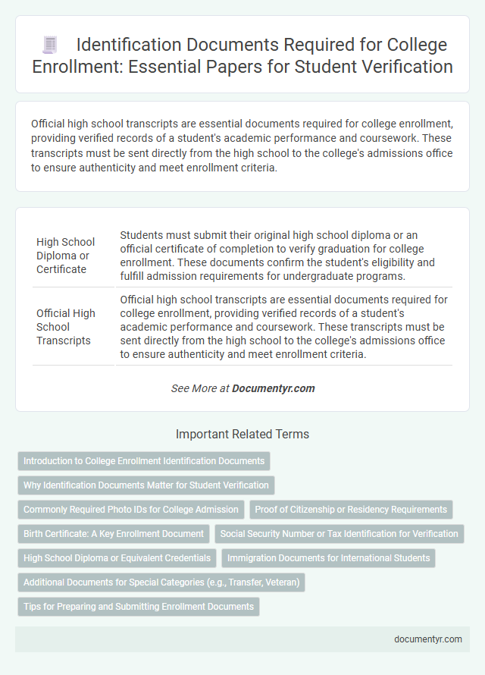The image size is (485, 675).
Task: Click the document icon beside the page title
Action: click(x=50, y=46)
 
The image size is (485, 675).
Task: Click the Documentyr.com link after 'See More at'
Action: click(x=274, y=388)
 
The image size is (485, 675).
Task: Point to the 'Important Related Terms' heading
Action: click(x=242, y=435)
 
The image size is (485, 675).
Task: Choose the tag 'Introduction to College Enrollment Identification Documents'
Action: click(x=144, y=461)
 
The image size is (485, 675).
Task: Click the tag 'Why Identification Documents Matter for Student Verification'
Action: click(x=146, y=485)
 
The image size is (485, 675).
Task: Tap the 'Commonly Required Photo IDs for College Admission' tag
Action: click(x=131, y=510)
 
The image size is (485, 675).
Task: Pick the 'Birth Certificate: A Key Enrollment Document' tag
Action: click(x=114, y=534)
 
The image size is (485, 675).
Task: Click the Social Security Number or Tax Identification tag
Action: click(x=339, y=534)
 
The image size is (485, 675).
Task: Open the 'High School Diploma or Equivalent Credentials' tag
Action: click(x=117, y=558)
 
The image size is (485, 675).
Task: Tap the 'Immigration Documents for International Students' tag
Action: click(x=328, y=558)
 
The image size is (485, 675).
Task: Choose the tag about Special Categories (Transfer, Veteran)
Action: click(x=161, y=582)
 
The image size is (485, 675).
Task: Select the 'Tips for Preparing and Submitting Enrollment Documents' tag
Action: click(x=138, y=607)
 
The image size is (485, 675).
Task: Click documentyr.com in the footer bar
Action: click(x=428, y=639)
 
